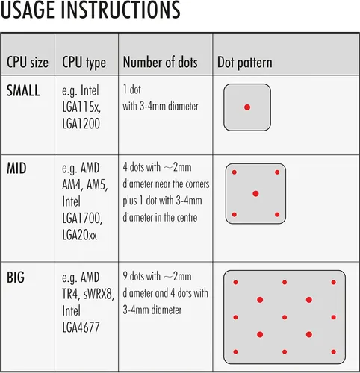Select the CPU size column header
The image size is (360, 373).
pos(28,62)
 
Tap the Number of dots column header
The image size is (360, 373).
pos(161,62)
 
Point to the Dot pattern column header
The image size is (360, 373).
pos(245,63)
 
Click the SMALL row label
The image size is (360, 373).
pos(23,90)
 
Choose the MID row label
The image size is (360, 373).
pos(16,169)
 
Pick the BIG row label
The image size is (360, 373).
pos(16,278)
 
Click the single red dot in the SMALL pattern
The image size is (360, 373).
pos(247,107)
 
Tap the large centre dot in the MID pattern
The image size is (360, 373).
pos(255,193)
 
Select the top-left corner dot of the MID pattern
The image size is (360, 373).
pos(235,172)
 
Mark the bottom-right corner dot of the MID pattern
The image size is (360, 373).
pos(277,214)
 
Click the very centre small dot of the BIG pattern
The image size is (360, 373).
pos(285,317)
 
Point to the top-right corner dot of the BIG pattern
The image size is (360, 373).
pos(334,282)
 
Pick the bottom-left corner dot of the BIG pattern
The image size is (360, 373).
pos(235,351)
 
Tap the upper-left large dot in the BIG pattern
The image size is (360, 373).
pos(260,300)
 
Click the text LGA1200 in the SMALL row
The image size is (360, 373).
pos(81,124)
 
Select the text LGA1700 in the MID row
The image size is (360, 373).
pos(82,219)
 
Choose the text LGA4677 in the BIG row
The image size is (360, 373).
pos(81,327)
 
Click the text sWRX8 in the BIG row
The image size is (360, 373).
pos(99,295)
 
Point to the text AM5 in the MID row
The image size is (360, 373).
pos(97,185)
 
